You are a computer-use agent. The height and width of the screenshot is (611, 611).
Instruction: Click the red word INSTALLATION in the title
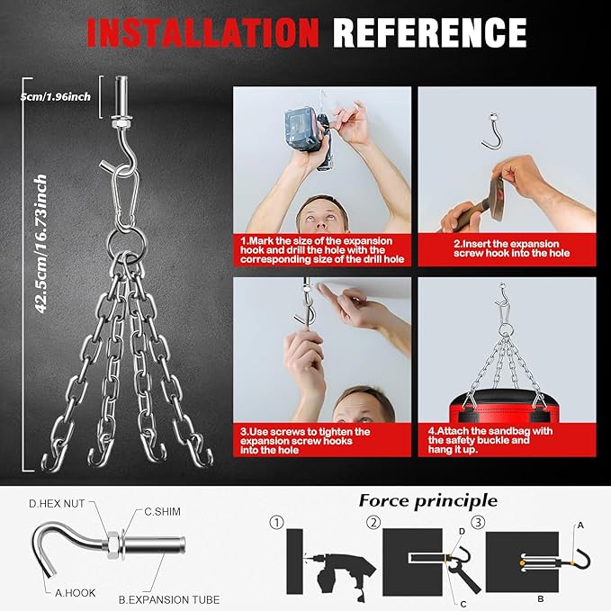tap(203, 33)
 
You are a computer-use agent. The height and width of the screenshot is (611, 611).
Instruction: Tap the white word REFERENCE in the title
tap(429, 33)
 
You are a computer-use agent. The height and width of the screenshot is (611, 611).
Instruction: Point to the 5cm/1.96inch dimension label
tap(55, 96)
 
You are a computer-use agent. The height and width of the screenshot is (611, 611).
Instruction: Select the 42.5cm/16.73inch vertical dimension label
tap(40, 244)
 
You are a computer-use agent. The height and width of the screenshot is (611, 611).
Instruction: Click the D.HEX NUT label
tap(57, 503)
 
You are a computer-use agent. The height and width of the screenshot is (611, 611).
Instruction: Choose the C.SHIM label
tap(163, 511)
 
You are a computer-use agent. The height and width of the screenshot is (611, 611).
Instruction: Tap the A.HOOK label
tap(76, 593)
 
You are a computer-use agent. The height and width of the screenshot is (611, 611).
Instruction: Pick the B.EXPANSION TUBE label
tap(169, 599)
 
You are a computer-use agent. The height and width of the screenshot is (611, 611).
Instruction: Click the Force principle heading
tap(427, 501)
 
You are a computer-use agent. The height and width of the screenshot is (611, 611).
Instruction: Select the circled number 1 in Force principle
tap(276, 522)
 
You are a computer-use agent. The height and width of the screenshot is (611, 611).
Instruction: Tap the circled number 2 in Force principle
tap(373, 522)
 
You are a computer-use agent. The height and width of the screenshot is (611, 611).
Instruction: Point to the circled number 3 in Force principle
tap(478, 522)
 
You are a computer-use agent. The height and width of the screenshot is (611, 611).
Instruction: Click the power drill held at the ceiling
tap(310, 137)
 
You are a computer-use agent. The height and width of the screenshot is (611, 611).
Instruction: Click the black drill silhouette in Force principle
tap(340, 573)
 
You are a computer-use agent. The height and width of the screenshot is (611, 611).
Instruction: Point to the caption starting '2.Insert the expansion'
tap(511, 248)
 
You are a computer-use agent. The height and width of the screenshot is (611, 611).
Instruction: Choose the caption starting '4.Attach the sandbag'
tap(490, 440)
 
